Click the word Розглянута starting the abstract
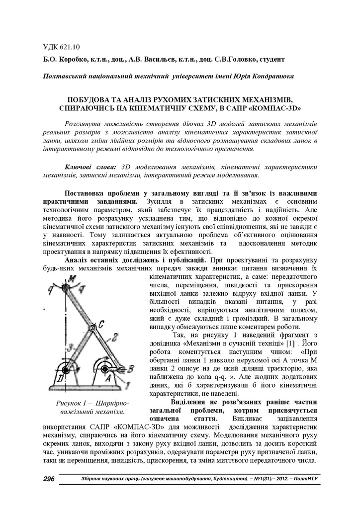(85, 123)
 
